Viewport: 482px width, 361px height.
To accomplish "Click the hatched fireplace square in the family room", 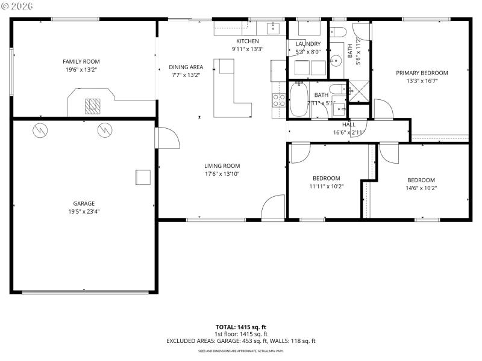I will [x=92, y=106].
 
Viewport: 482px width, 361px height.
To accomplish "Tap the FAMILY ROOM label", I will [x=81, y=61].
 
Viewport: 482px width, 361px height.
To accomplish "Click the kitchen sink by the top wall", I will [x=274, y=28].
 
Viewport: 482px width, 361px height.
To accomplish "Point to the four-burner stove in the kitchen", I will [x=279, y=99].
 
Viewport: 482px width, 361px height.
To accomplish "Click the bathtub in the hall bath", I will [x=299, y=100].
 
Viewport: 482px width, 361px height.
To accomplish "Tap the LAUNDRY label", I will [x=308, y=44].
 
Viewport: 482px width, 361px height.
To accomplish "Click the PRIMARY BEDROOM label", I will [x=422, y=73].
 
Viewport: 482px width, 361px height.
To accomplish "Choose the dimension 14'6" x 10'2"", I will [x=421, y=188].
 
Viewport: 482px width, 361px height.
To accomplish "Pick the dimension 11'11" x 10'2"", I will [x=326, y=187].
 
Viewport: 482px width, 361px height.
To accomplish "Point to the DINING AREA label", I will [x=186, y=67].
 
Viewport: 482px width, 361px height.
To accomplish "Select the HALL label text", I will [x=349, y=125].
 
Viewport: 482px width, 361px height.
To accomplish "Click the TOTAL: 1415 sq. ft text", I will [x=241, y=327].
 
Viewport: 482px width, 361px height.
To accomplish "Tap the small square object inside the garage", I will [x=143, y=177].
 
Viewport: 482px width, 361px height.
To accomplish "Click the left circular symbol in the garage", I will [x=40, y=129].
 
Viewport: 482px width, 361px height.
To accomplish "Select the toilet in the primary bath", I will [x=338, y=32].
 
